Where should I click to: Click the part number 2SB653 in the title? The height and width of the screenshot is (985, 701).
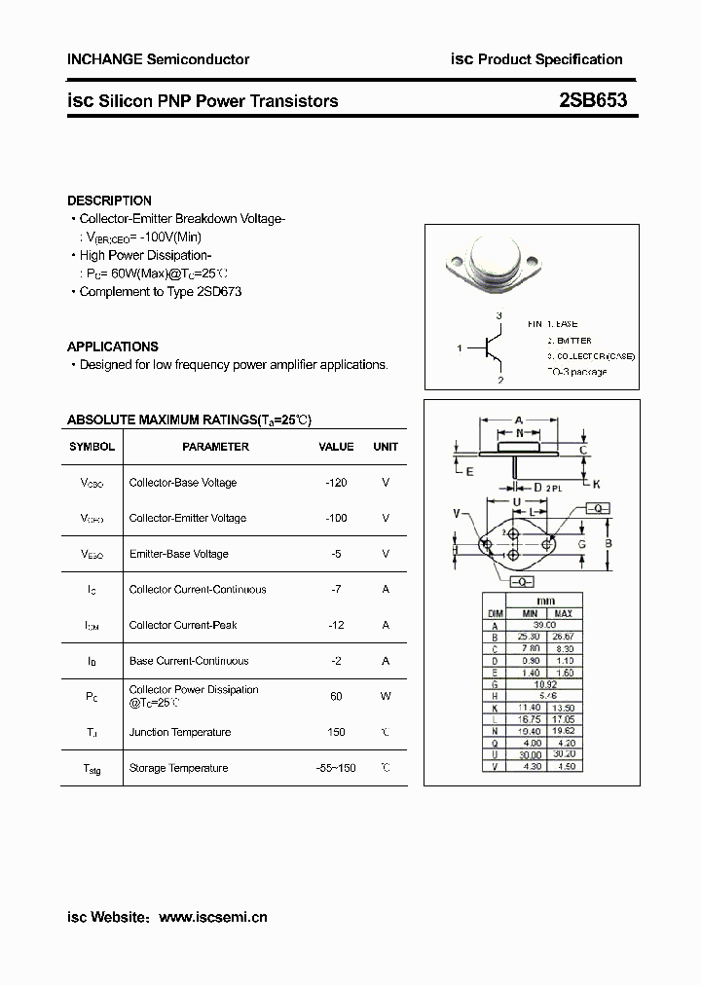[593, 100]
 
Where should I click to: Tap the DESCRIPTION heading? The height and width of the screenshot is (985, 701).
[109, 201]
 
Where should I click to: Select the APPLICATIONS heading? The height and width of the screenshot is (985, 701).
[112, 347]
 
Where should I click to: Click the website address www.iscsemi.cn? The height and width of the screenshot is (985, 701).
[212, 917]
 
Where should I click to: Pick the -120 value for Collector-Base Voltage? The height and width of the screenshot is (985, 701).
[336, 483]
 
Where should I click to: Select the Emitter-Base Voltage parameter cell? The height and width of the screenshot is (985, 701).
[178, 554]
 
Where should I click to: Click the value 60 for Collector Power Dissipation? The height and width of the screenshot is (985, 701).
[336, 696]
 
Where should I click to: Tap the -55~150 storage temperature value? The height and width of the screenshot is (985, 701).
[336, 768]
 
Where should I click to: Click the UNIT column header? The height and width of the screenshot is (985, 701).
[386, 447]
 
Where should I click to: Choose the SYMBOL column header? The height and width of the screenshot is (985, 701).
[92, 447]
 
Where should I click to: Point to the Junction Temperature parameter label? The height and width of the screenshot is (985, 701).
[180, 732]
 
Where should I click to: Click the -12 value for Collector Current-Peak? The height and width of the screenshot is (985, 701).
[336, 625]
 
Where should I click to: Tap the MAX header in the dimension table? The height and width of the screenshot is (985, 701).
[563, 614]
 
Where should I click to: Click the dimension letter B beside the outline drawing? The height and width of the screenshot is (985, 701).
[608, 543]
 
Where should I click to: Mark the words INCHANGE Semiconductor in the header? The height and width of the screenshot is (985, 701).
[158, 59]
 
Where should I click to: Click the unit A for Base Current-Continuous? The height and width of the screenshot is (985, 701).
[386, 661]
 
